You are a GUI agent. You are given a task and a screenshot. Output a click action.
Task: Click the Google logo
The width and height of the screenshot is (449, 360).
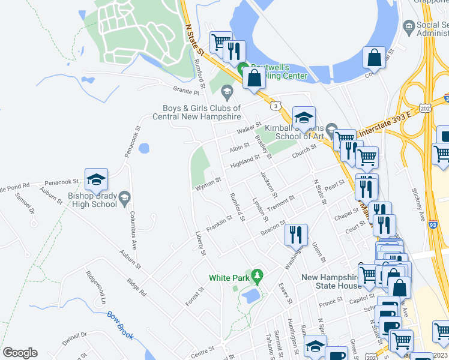(x=20, y=353)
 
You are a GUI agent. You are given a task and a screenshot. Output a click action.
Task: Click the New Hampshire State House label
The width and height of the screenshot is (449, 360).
(x=331, y=281)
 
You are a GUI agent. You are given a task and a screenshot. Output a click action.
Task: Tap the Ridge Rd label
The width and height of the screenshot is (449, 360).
(x=136, y=288)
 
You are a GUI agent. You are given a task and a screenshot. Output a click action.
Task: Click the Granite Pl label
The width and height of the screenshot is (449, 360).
(x=186, y=92)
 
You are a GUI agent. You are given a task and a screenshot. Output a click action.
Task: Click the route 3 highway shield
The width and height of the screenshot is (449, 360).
(x=276, y=106)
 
